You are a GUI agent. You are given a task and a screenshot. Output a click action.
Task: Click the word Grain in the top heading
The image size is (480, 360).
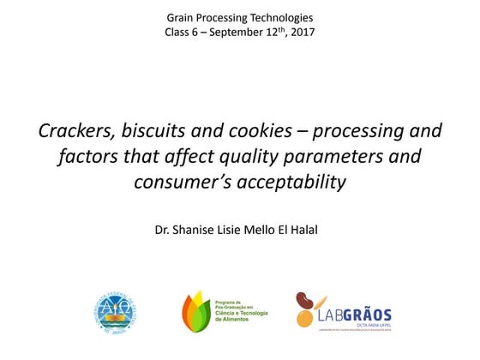pyautogui.click(x=181, y=17)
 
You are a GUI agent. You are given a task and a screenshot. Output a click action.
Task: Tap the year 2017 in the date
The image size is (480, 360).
pyautogui.click(x=300, y=33)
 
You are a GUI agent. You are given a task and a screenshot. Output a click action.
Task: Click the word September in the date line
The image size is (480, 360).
pyautogui.click(x=237, y=33)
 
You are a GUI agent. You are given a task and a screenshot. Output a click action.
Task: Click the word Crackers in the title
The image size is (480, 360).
pyautogui.click(x=74, y=131)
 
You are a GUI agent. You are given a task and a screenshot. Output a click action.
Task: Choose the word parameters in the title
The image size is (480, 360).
pyautogui.click(x=335, y=157)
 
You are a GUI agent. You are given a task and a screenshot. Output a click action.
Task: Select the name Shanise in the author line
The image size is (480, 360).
pyautogui.click(x=196, y=229)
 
